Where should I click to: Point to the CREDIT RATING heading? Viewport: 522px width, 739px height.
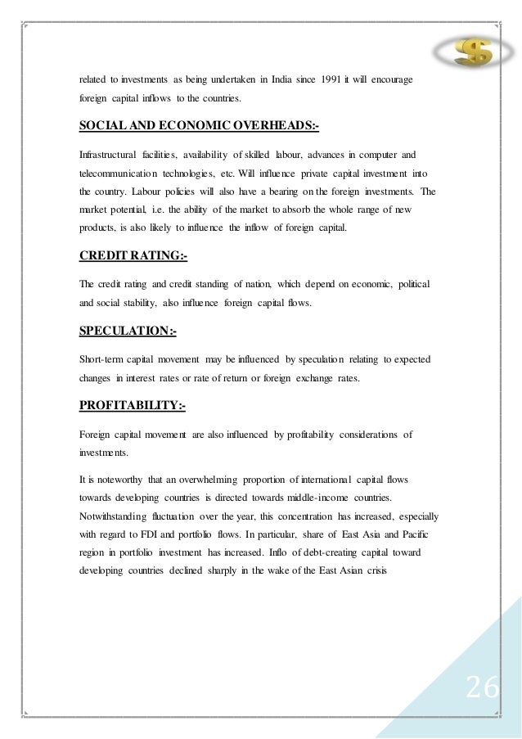(133, 256)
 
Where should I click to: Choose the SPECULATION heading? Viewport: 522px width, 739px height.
(128, 331)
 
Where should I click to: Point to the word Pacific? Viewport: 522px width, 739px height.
(422, 513)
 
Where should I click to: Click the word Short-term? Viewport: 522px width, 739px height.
(105, 358)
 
